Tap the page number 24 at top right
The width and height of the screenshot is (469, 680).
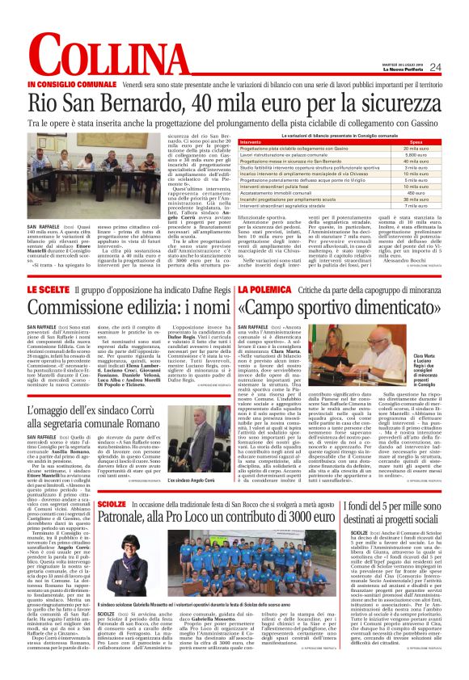click(435, 67)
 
